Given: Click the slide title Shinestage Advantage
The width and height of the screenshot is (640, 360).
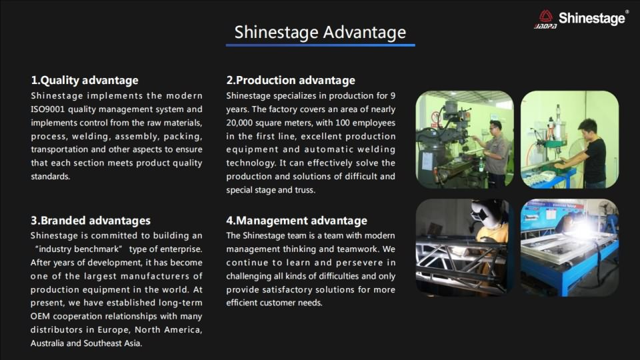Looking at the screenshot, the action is [x=320, y=32].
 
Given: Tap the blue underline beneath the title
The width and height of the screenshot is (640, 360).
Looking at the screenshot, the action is [x=321, y=45].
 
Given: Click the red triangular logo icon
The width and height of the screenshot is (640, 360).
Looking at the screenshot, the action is [x=546, y=16].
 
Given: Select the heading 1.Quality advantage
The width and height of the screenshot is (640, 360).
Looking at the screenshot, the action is [x=85, y=80].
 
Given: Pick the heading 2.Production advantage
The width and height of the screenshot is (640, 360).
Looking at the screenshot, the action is [x=291, y=80].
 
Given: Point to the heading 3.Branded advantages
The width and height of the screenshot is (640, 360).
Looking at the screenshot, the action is [x=91, y=221].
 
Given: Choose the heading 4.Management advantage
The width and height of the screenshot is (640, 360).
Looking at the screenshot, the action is [x=297, y=221].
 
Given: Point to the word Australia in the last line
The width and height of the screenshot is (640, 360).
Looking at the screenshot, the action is [x=47, y=343].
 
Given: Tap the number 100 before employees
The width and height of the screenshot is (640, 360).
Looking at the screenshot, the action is [x=343, y=123].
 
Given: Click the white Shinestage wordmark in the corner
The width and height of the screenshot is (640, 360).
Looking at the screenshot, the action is [x=591, y=18].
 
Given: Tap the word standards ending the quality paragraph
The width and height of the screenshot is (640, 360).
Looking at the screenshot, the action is [x=50, y=177].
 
